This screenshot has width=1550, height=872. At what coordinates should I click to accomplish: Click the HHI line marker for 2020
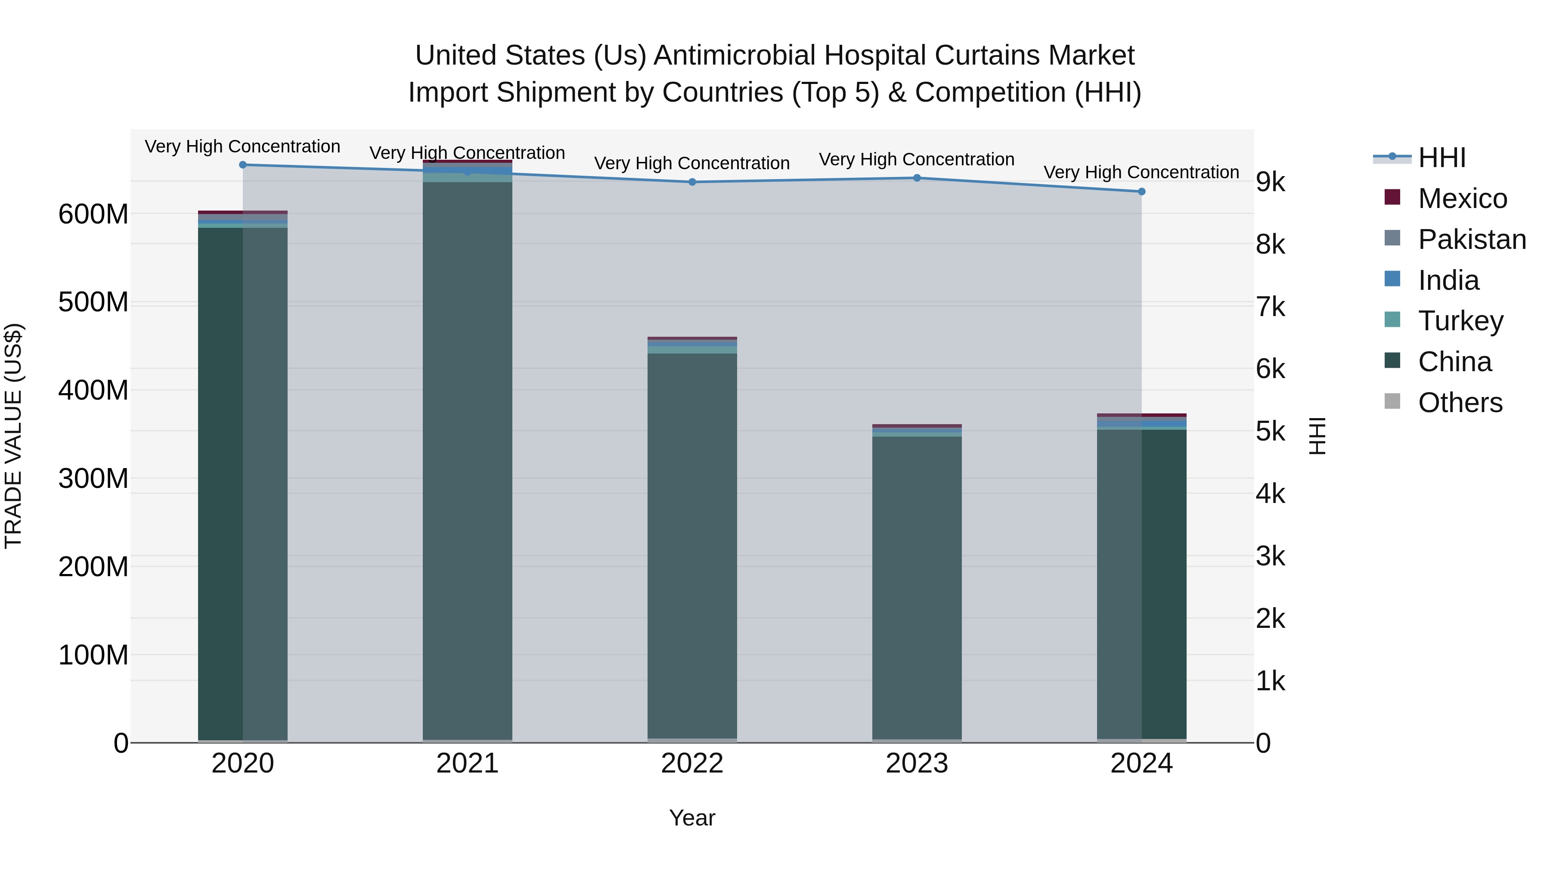point(243,165)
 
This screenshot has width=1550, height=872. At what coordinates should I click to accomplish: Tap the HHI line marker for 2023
point(917,178)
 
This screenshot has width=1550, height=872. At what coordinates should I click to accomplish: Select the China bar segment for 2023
point(917,587)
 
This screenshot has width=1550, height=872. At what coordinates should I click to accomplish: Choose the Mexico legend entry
point(1462,199)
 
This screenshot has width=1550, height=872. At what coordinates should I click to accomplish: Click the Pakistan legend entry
point(1472,239)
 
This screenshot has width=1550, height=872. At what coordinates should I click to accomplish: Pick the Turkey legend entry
point(1460,321)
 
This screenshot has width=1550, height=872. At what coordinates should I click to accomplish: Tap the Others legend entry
point(1460,403)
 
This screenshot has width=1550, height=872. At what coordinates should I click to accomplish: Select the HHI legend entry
point(1441,158)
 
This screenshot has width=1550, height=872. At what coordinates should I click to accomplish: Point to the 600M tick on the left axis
point(93,214)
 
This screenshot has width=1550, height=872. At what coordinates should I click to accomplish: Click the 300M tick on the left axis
point(93,479)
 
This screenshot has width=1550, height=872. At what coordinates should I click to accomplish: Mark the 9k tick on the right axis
point(1270,182)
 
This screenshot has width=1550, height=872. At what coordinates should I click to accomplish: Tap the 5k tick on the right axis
point(1270,431)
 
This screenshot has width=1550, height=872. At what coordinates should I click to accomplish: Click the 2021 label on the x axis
point(468,763)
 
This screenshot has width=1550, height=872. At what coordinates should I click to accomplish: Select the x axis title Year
point(692,818)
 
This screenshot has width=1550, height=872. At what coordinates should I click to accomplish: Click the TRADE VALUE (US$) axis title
point(13,436)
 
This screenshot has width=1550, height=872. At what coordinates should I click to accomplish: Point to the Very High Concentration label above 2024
point(1141,172)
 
